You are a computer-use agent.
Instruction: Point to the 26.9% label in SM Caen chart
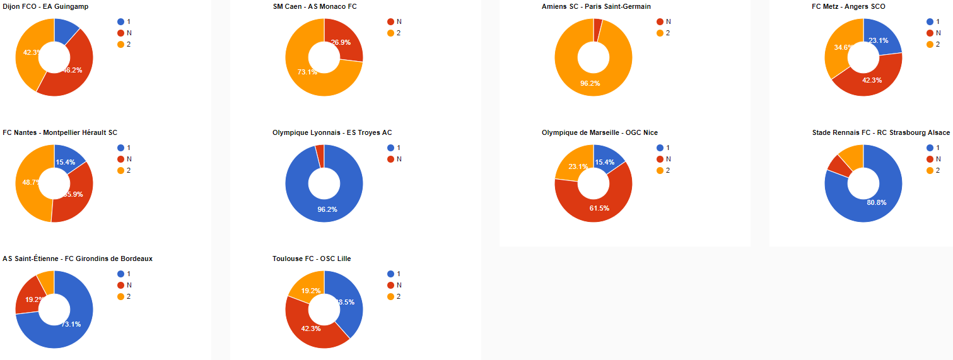point(341,42)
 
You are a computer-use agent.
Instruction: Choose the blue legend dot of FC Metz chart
point(930,21)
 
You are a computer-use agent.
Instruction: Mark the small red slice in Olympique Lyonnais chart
point(320,154)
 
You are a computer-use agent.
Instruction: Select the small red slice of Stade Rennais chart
point(839,165)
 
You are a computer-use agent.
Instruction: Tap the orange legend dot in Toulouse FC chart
point(390,296)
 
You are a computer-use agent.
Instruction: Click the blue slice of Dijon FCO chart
point(65,32)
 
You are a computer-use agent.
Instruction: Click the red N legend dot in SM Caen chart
point(390,21)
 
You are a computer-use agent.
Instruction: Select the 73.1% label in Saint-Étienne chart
point(71,324)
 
